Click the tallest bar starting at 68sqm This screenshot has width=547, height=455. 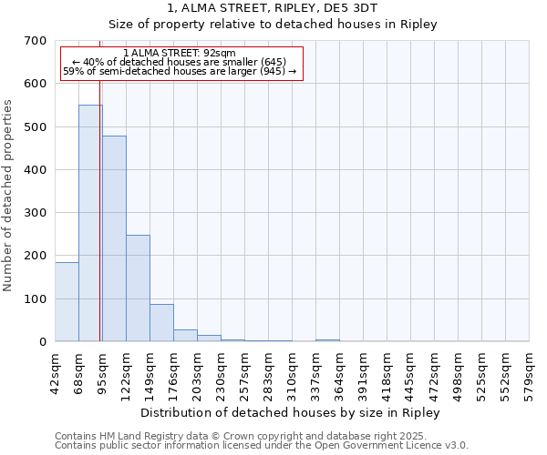(x=90, y=223)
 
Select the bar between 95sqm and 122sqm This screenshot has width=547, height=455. (x=114, y=238)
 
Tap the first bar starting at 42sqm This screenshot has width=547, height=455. (x=67, y=301)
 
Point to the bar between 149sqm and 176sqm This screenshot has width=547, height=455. (x=161, y=322)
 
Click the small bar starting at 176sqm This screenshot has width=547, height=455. (x=185, y=335)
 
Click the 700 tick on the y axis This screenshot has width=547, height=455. (x=36, y=41)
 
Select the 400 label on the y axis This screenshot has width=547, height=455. (x=36, y=170)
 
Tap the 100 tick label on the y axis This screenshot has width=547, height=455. (x=36, y=299)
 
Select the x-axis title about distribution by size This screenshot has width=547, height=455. (x=292, y=412)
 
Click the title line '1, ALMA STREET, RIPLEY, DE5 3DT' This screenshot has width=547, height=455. (x=273, y=7)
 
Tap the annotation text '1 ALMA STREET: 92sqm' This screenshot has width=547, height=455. (x=180, y=54)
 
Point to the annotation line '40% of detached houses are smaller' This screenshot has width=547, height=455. (x=180, y=62)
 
